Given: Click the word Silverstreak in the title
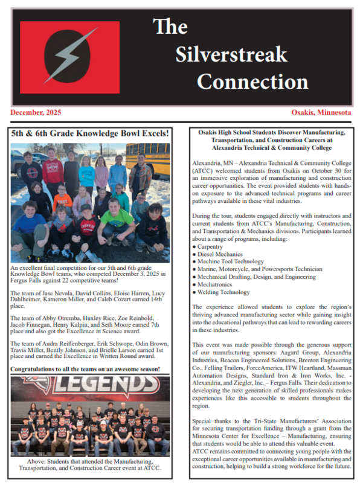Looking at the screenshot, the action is tap(231, 54).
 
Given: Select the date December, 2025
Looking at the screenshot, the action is tap(36, 112).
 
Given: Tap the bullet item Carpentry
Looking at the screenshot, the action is tap(211, 247).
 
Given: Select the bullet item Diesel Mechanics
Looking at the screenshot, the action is tap(218, 254).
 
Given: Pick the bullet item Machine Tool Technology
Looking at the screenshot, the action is tap(227, 261).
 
